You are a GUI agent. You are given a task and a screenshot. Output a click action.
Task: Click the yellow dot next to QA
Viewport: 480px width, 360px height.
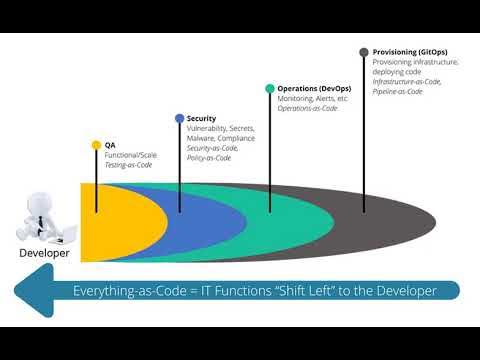96,145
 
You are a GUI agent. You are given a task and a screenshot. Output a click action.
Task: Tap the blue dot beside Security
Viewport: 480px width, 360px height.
179,118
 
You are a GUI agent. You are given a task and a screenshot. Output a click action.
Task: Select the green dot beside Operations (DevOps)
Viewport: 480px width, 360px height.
269,89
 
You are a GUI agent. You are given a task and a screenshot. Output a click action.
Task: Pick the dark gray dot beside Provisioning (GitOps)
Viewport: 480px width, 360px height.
363,52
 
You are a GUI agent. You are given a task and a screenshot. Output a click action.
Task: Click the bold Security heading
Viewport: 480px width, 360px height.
201,118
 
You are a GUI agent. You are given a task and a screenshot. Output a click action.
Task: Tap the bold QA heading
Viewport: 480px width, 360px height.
110,145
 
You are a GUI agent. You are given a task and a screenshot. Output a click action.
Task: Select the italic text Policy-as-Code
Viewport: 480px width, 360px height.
209,158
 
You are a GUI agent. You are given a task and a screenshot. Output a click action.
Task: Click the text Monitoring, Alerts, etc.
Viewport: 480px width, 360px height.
313,99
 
